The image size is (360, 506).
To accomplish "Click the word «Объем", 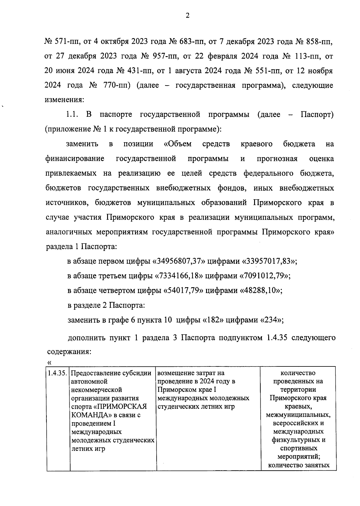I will tap(178, 144).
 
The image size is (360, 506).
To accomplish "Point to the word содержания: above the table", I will tap(69, 351).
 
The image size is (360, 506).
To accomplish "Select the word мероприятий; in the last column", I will tap(298, 457).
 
